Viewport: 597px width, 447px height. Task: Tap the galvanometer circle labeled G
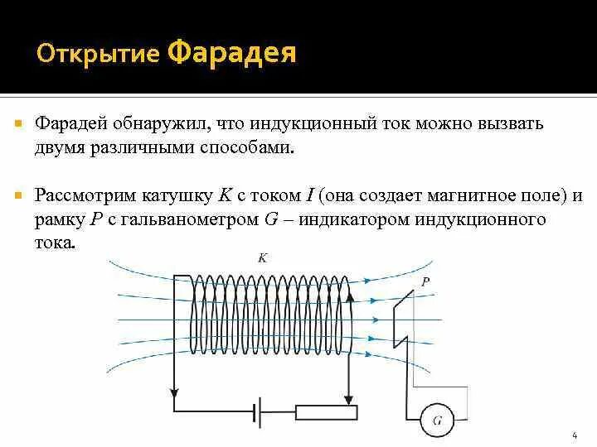[437, 421]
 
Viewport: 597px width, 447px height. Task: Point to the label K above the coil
[262, 258]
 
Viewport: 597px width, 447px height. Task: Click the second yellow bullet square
[17, 196]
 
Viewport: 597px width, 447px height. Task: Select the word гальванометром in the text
[187, 219]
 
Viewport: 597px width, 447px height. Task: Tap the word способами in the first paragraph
[253, 147]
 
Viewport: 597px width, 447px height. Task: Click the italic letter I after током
[308, 196]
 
